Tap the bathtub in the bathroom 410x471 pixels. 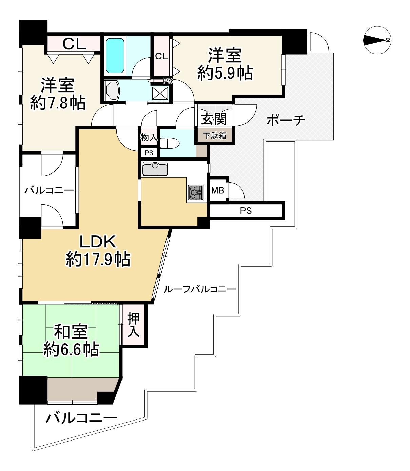(115, 56)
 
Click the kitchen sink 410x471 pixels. (155, 169)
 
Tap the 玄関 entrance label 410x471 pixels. (214, 119)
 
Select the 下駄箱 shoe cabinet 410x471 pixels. (215, 136)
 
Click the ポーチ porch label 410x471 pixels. (286, 120)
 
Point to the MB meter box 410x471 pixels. (218, 190)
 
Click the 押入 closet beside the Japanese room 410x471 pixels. (133, 325)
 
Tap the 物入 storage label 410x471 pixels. (149, 137)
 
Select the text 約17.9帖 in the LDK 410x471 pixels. (98, 260)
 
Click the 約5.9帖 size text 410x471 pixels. (225, 73)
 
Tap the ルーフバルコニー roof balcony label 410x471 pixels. (199, 289)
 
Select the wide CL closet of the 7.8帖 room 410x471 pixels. (74, 44)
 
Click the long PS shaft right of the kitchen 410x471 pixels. (246, 211)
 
